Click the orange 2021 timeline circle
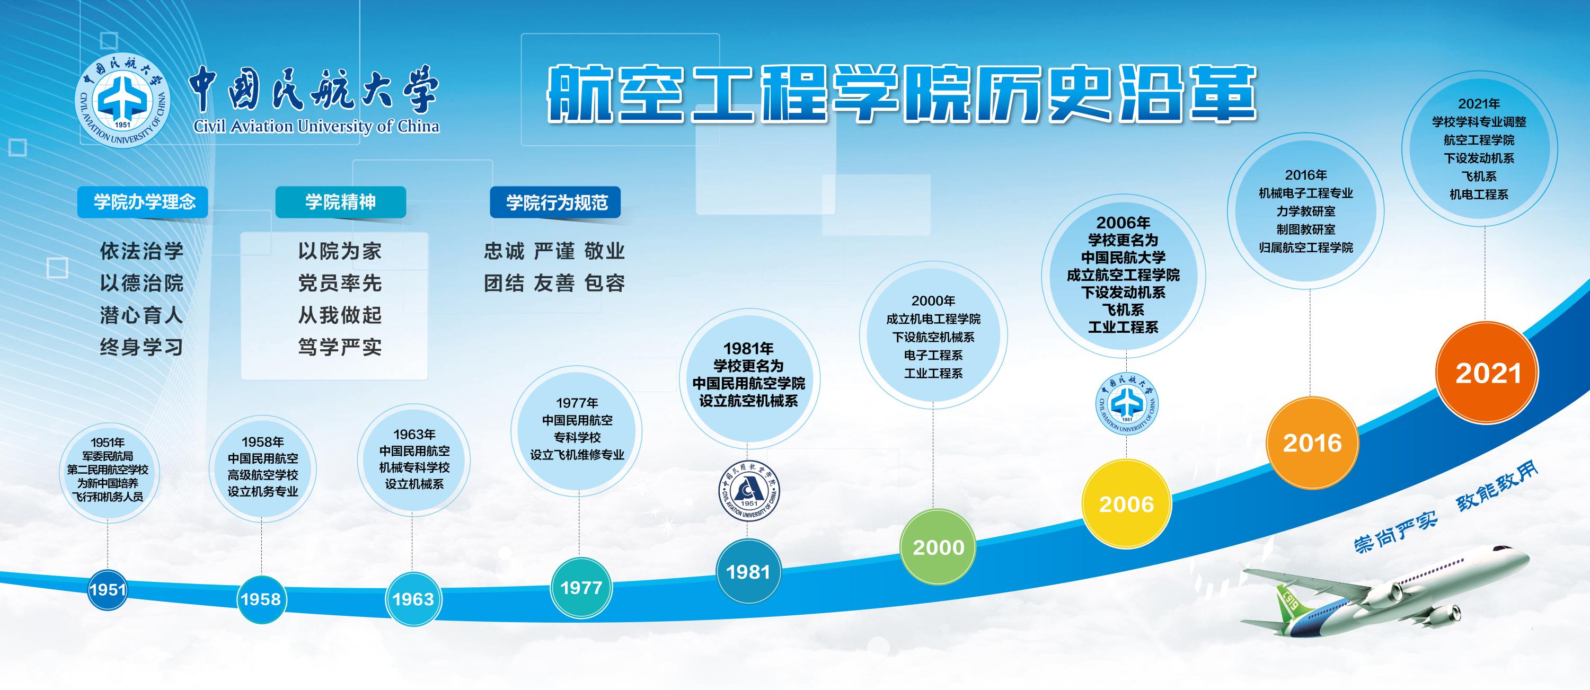(1487, 373)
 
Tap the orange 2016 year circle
(1312, 443)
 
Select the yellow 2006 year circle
(1126, 503)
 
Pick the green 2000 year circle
(938, 547)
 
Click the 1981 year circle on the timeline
(748, 571)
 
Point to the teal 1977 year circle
(581, 588)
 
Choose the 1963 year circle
(413, 599)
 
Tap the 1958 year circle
(261, 599)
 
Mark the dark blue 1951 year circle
(108, 589)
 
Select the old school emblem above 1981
(749, 491)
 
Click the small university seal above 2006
(1127, 404)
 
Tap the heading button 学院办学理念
(143, 202)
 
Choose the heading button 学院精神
(340, 202)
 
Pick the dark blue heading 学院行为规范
(555, 202)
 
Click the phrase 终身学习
(142, 348)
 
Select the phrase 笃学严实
(340, 348)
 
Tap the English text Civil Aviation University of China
(316, 127)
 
